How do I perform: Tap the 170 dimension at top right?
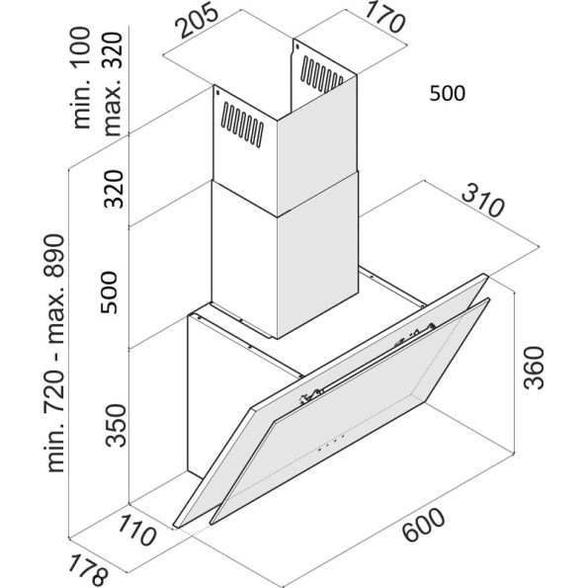coord(385,17)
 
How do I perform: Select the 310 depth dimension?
coord(482,203)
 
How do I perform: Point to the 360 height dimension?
coord(534,368)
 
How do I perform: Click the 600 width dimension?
coord(425,524)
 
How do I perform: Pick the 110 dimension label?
coord(137,530)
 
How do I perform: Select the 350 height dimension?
coord(115,425)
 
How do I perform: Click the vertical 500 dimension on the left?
coord(109,293)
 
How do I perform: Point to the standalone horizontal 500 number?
coord(447,93)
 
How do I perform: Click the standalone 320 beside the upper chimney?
coord(114,189)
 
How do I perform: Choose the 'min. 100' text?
coord(81,78)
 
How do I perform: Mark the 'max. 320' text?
coord(113,84)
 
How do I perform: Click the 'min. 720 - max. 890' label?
coord(55,353)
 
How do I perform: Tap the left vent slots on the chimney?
coord(242,125)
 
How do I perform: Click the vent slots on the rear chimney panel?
coord(321,74)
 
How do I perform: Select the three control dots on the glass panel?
coord(331,443)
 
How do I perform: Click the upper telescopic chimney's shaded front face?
coord(317,146)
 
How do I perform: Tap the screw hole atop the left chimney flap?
coord(217,92)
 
